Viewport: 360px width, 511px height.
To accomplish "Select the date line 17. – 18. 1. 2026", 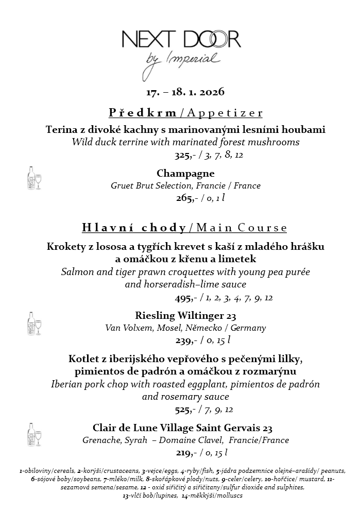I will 185,93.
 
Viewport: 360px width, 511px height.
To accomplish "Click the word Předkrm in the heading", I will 143,113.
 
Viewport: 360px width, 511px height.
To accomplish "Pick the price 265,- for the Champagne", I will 184,198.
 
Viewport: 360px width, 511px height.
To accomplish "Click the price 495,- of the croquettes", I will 183,298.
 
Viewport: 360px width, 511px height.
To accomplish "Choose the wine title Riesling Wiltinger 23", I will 185,315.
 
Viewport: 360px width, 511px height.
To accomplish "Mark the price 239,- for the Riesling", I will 183,340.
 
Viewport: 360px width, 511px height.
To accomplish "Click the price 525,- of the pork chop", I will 183,410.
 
